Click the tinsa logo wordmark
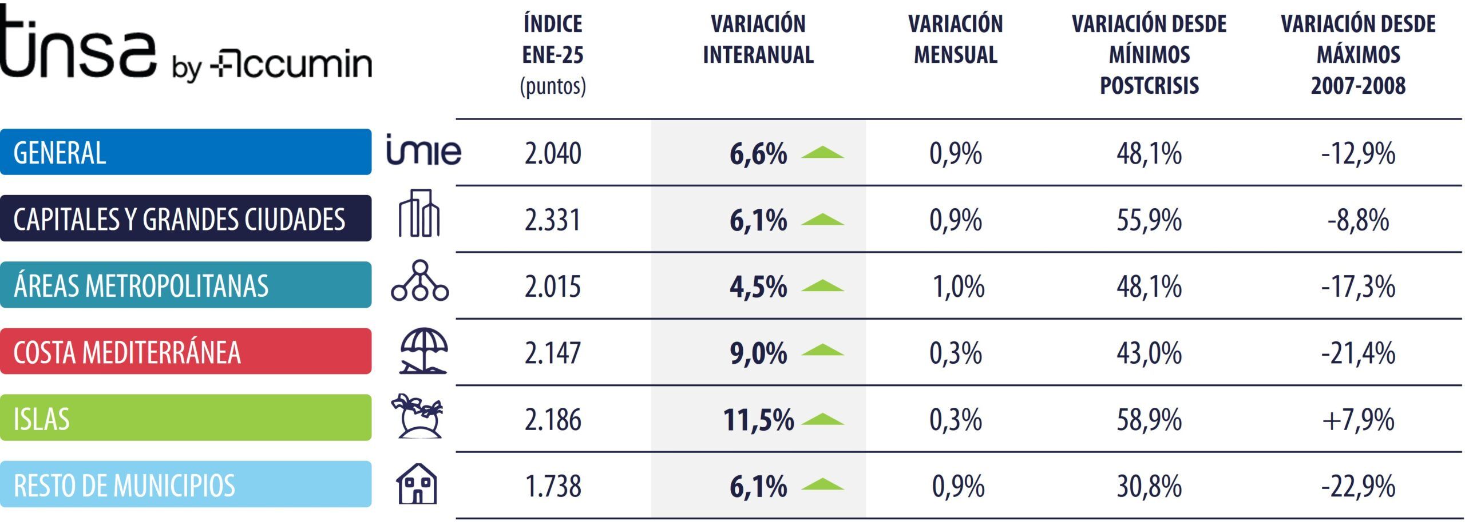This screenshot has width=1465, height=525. pos(77,43)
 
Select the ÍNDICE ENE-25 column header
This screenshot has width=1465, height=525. pos(553,54)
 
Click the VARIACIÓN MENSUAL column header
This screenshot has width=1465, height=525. pos(955,39)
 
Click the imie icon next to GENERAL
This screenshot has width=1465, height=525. pos(423,150)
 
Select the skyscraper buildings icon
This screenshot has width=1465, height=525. pos(419,213)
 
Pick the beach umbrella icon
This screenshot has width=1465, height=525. pos(423,351)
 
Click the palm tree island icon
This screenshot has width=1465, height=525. pos(418,416)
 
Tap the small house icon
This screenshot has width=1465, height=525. pos(417,484)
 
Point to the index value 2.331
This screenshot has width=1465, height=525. pos(553,220)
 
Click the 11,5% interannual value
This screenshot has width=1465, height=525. pos(758,420)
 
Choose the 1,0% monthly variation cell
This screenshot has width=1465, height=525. pos(959,287)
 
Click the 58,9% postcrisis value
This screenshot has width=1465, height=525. pos(1149,420)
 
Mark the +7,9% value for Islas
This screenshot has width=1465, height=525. pos(1358,420)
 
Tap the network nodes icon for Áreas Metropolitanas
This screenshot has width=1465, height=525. pos(420,281)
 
